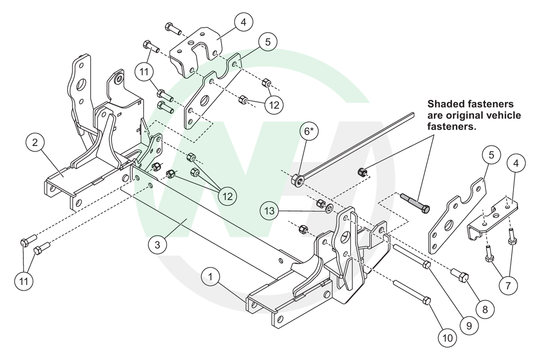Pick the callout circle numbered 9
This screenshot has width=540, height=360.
click(468, 325)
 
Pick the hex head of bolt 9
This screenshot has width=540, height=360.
click(427, 265)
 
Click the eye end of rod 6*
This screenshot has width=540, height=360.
click(297, 180)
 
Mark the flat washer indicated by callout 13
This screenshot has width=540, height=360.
click(329, 207)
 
